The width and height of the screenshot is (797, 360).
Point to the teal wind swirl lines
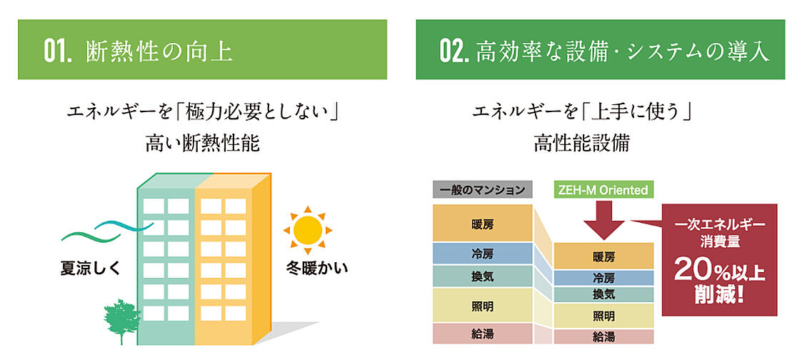(x=107, y=229)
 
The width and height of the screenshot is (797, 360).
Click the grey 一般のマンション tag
(x=482, y=190)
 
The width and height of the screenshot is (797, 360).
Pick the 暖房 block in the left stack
(x=482, y=224)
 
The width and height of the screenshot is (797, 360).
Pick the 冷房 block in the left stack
(x=482, y=254)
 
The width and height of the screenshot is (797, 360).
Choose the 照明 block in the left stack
(x=482, y=306)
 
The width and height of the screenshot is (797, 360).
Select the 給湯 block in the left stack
(x=482, y=333)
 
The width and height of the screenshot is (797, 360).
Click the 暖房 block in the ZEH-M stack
(x=603, y=256)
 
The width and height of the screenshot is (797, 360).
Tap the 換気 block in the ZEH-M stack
(x=603, y=294)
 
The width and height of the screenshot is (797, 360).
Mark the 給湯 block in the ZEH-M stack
(x=603, y=336)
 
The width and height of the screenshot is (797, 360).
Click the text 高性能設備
(x=581, y=143)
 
